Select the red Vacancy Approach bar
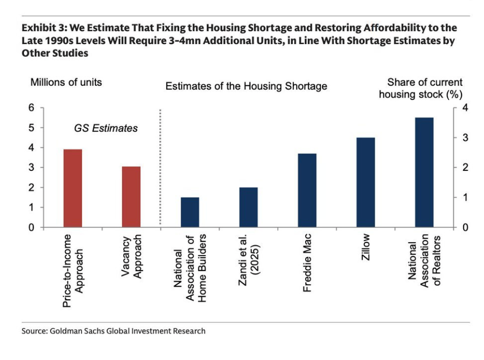[x=131, y=197]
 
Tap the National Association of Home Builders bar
[x=190, y=212]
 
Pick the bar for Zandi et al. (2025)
[x=249, y=207]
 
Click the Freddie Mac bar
[x=307, y=190]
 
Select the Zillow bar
[x=366, y=182]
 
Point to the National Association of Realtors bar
[x=425, y=172]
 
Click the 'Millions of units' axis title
[x=66, y=82]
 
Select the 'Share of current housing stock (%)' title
[x=420, y=88]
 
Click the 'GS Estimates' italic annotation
[x=105, y=128]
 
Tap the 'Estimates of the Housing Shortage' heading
[x=246, y=86]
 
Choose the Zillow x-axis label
[x=366, y=247]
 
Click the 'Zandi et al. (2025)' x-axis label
[x=249, y=261]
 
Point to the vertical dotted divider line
[x=160, y=168]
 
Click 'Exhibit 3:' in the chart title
[x=42, y=28]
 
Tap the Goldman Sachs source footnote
[x=114, y=331]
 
